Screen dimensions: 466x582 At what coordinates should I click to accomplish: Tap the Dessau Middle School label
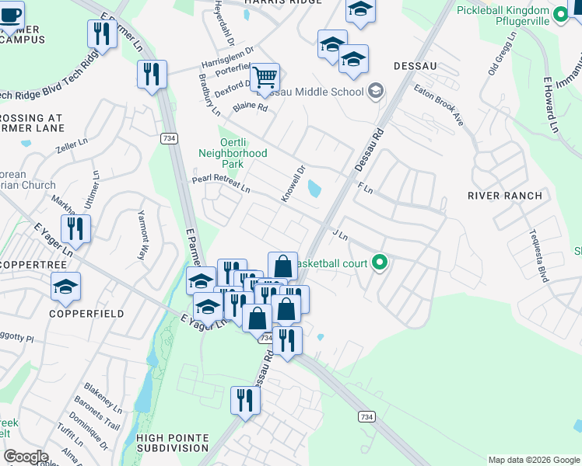(x=319, y=92)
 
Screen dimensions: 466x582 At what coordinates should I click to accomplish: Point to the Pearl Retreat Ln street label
(x=221, y=184)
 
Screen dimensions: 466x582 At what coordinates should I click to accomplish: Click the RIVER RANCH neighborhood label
(x=504, y=196)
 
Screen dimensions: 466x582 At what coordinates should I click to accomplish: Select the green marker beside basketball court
(x=380, y=263)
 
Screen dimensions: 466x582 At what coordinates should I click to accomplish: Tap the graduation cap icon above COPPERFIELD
(x=66, y=287)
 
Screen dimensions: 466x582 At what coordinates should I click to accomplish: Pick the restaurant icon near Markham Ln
(x=75, y=228)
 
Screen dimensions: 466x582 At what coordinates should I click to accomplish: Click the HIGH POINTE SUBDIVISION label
(x=173, y=443)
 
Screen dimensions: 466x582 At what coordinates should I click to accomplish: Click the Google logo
(x=26, y=457)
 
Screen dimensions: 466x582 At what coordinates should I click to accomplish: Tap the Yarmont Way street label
(x=143, y=235)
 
